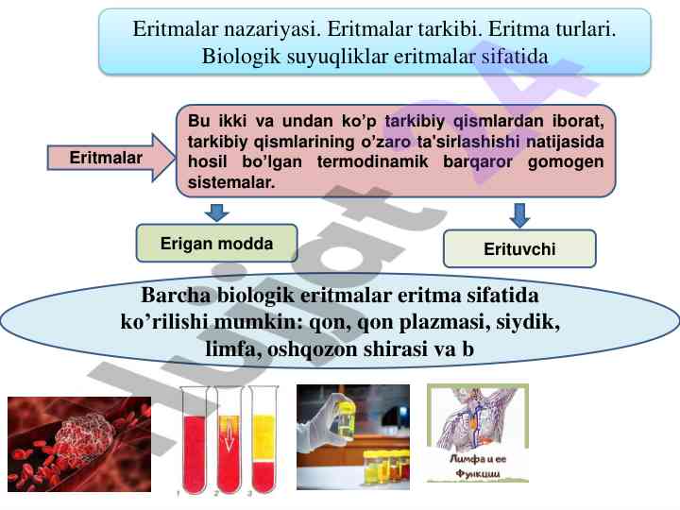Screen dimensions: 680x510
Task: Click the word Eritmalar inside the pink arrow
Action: [x=106, y=158]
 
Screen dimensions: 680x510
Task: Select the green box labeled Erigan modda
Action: [x=217, y=244]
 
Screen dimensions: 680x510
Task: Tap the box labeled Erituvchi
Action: [x=519, y=249]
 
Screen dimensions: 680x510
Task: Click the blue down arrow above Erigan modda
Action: [x=217, y=212]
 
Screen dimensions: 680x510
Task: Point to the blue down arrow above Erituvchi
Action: [x=519, y=215]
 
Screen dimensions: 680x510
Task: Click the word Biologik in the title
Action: [x=241, y=57]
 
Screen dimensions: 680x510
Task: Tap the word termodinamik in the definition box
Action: [x=372, y=161]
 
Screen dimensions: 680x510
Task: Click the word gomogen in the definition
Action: [x=566, y=162]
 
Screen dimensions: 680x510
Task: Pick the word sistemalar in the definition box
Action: [x=231, y=182]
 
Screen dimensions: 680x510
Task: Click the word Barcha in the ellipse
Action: [x=176, y=296]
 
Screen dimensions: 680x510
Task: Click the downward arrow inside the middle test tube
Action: [x=229, y=437]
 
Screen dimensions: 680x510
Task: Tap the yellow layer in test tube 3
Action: [x=263, y=438]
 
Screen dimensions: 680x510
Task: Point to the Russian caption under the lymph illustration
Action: [x=478, y=466]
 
